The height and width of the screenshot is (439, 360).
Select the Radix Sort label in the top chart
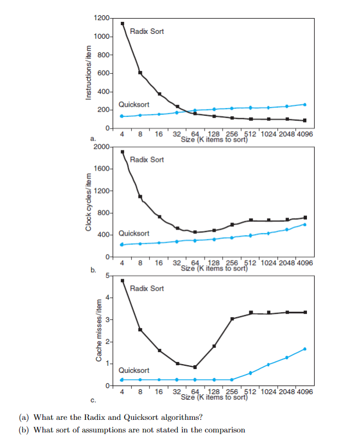(x=147, y=31)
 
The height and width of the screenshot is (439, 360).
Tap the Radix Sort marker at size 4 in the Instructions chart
(x=123, y=24)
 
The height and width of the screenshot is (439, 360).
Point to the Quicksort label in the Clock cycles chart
(x=134, y=233)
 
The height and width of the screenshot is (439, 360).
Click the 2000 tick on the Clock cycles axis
(x=102, y=147)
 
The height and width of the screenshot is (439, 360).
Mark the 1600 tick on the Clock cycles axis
(x=102, y=169)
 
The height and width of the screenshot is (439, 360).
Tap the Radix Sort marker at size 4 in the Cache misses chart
(x=123, y=280)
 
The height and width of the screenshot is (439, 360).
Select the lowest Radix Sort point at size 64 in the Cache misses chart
(x=195, y=367)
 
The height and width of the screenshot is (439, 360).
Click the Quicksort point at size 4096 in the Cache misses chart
(x=305, y=349)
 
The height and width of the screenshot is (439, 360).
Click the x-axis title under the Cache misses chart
(x=214, y=397)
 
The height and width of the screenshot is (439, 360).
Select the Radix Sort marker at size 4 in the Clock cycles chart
(x=123, y=151)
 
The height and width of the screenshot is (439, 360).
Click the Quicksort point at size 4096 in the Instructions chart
(x=305, y=104)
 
